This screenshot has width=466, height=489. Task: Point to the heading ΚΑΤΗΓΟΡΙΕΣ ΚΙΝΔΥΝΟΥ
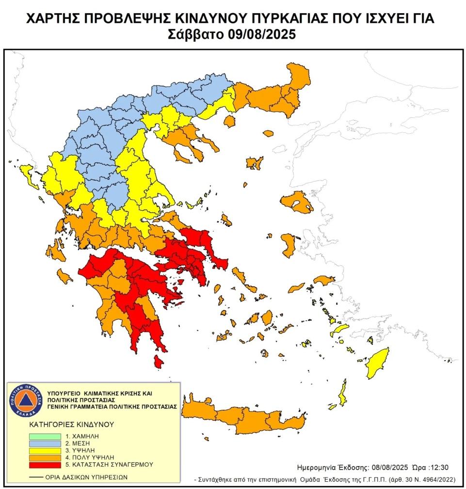(71, 424)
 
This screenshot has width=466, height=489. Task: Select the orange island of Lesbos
(296, 201)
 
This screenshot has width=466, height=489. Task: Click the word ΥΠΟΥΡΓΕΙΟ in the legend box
(65, 391)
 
